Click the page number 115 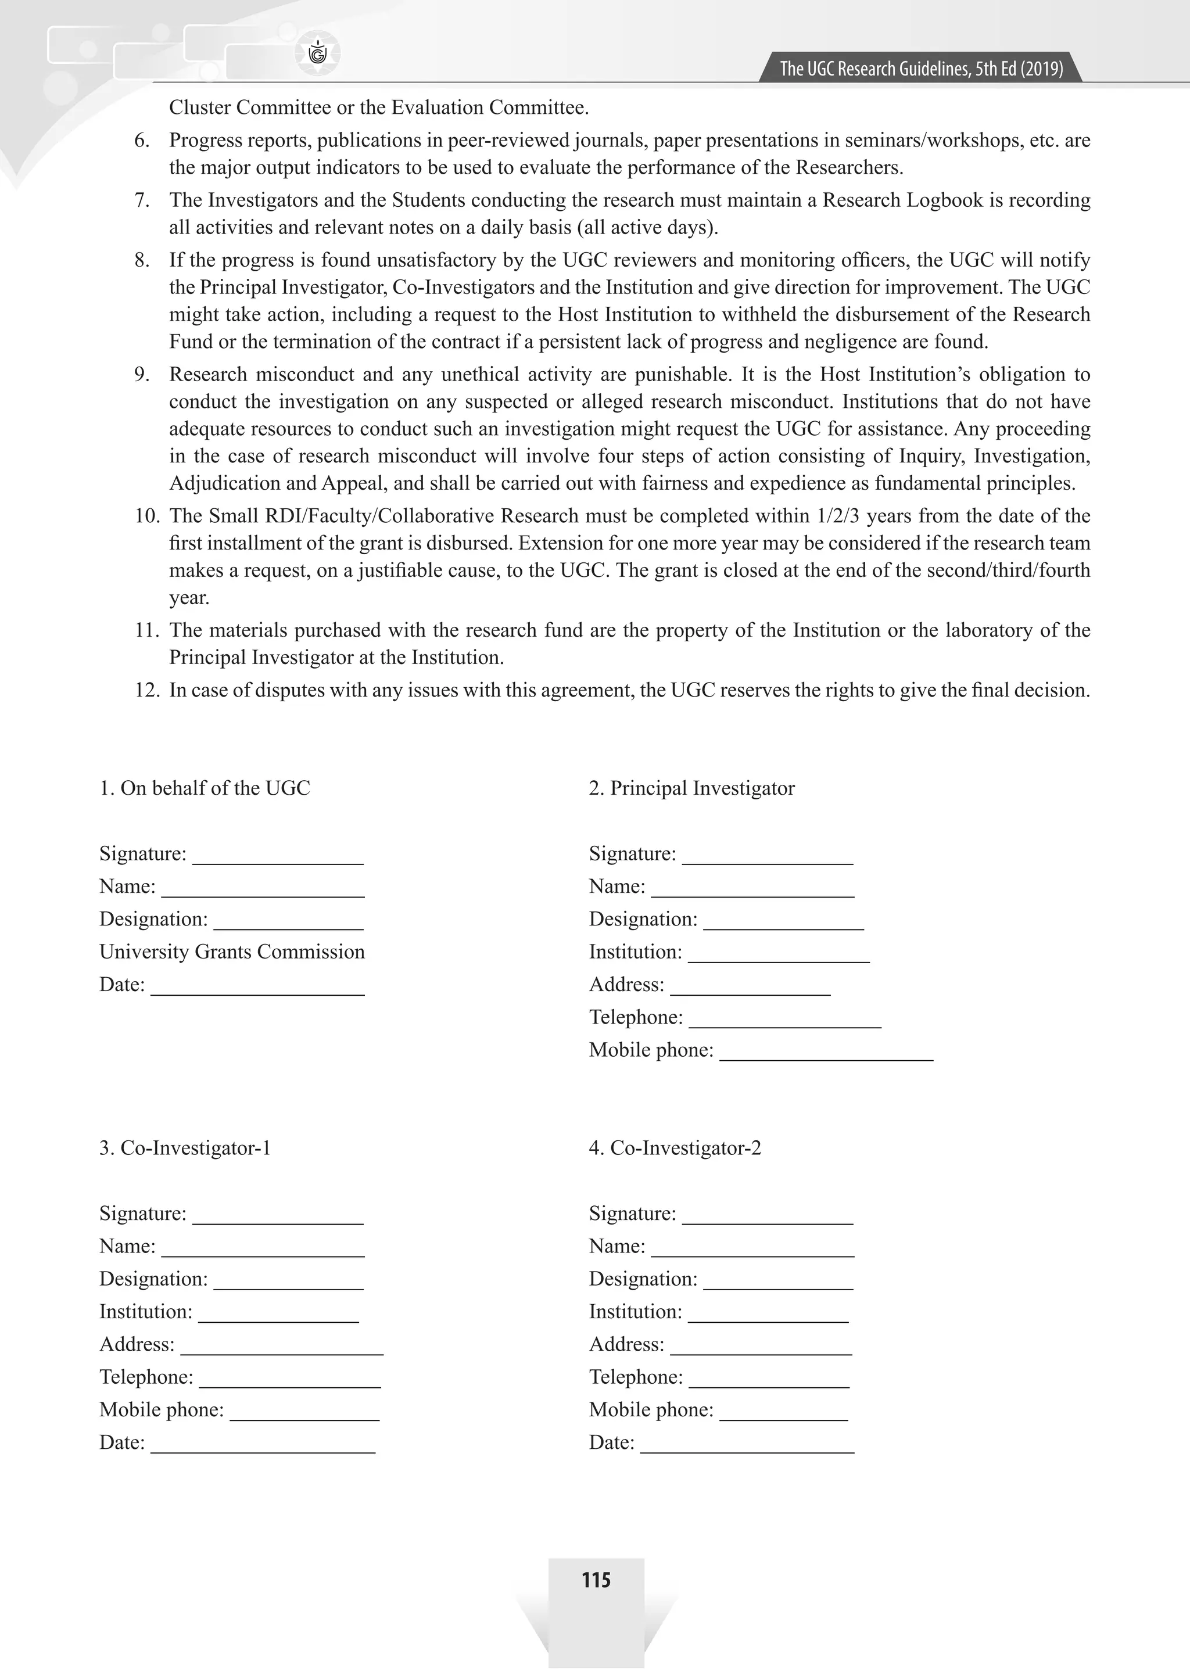tap(596, 1580)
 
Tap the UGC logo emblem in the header tap(318, 53)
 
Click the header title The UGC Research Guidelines tap(920, 69)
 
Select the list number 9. tap(142, 374)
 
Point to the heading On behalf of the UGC tap(205, 788)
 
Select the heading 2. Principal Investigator tap(691, 788)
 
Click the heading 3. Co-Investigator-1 tap(185, 1147)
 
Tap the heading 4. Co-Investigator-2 tap(674, 1147)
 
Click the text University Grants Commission tap(232, 951)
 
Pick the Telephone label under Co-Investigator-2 tap(635, 1377)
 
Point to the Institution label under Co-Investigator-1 tap(146, 1312)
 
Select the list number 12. tap(146, 690)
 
